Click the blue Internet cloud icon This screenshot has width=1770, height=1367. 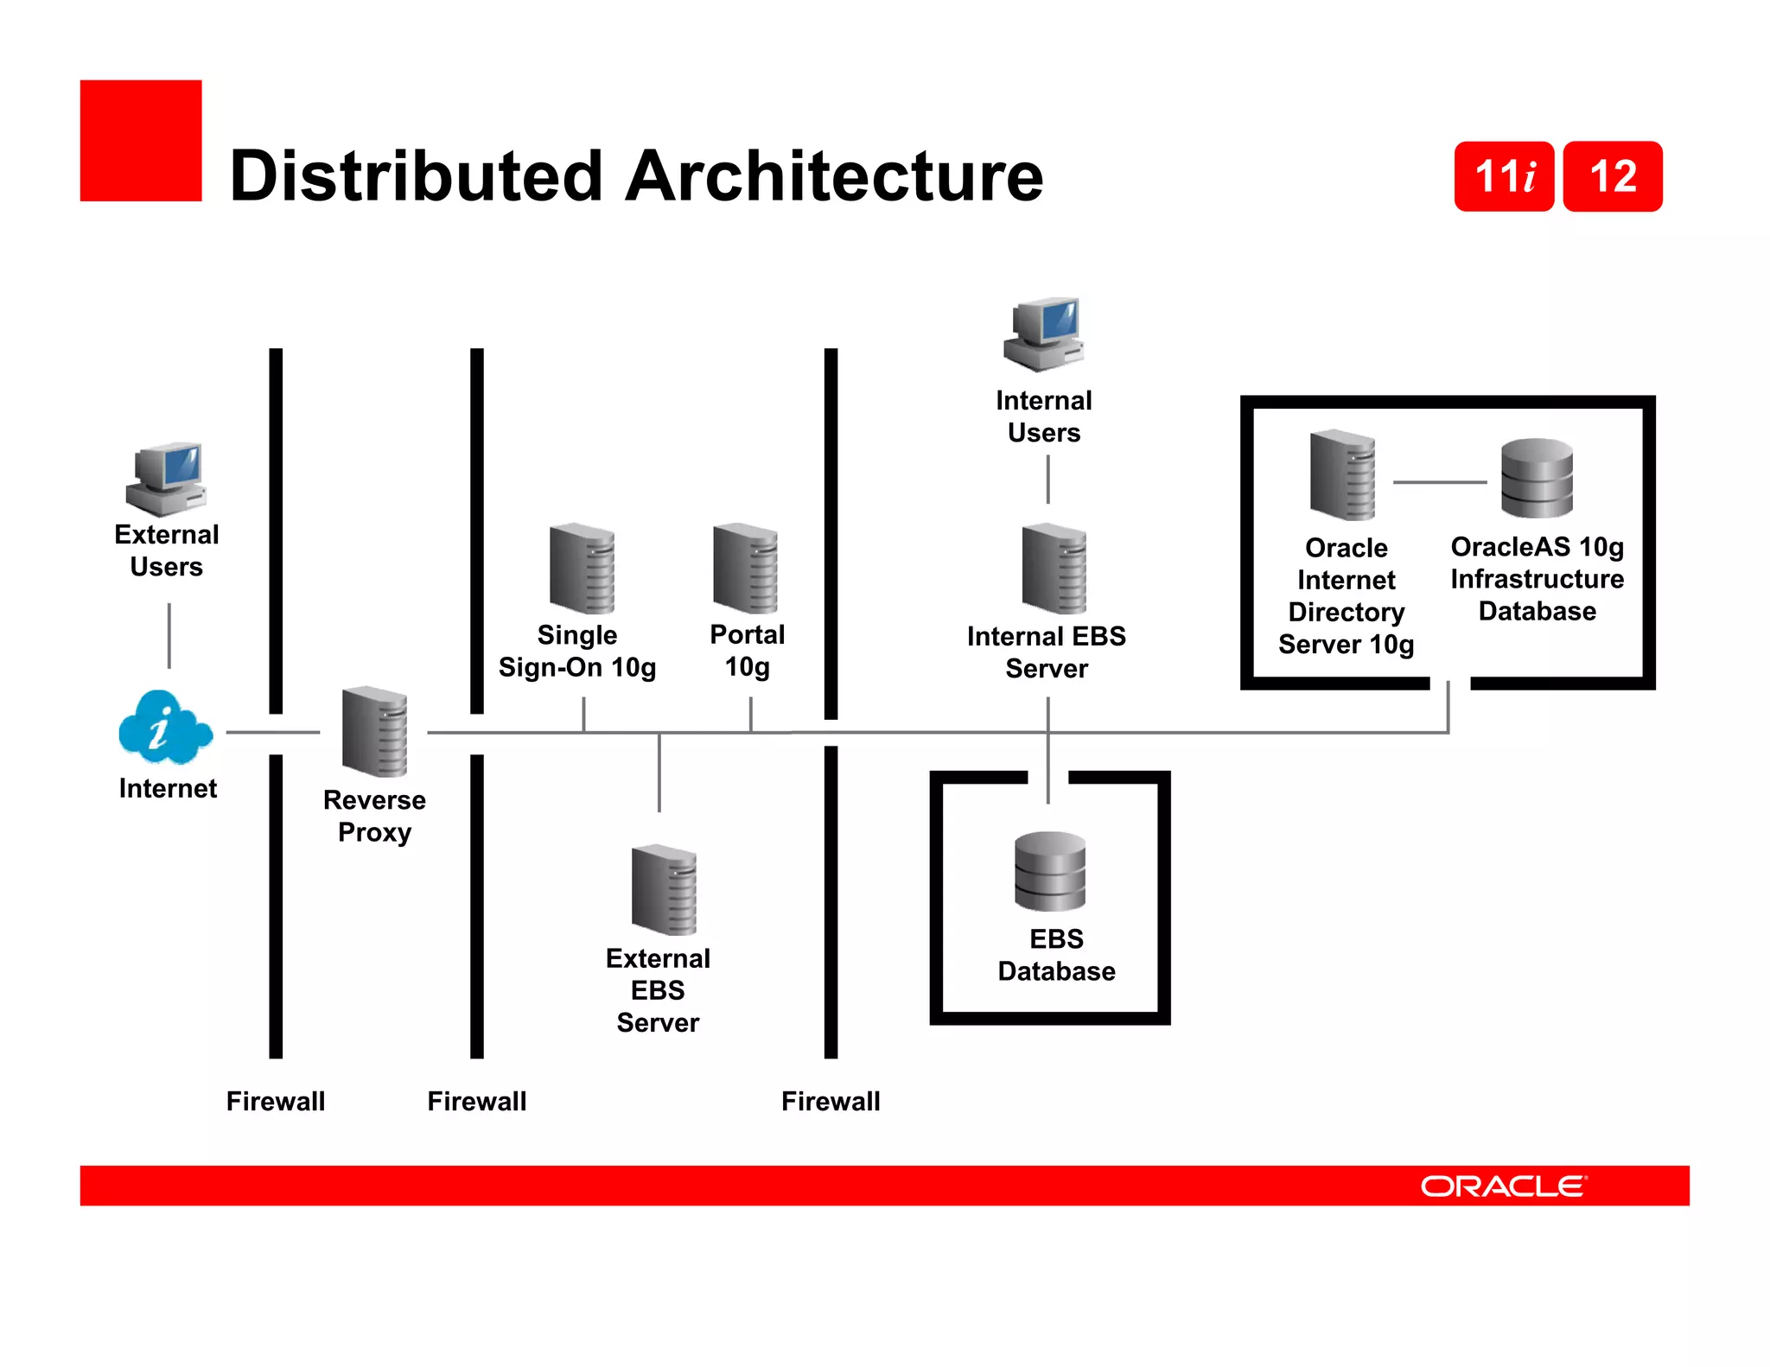click(x=164, y=728)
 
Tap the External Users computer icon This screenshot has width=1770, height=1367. click(x=166, y=479)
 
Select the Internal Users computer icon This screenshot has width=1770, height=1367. click(x=1044, y=334)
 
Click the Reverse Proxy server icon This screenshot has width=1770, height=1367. click(x=374, y=731)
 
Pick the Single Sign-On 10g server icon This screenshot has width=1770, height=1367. click(x=582, y=568)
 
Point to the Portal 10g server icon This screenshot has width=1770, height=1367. click(x=745, y=568)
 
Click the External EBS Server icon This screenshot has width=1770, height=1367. click(x=664, y=889)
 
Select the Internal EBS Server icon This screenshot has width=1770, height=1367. click(x=1054, y=568)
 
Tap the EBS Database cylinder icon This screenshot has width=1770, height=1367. click(x=1049, y=871)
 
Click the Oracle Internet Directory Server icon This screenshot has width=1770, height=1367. click(x=1342, y=474)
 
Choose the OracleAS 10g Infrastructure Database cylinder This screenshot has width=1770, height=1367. click(x=1537, y=478)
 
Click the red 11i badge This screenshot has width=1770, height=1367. click(x=1504, y=176)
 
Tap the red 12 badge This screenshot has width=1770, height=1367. click(x=1613, y=176)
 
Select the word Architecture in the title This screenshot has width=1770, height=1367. click(x=834, y=176)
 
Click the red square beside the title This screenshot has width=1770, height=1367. click(x=141, y=141)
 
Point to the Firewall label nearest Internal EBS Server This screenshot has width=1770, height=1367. click(x=831, y=1101)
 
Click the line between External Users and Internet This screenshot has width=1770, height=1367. click(x=169, y=635)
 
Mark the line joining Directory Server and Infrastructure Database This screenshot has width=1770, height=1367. click(x=1439, y=482)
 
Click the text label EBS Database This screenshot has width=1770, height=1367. click(x=1056, y=955)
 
